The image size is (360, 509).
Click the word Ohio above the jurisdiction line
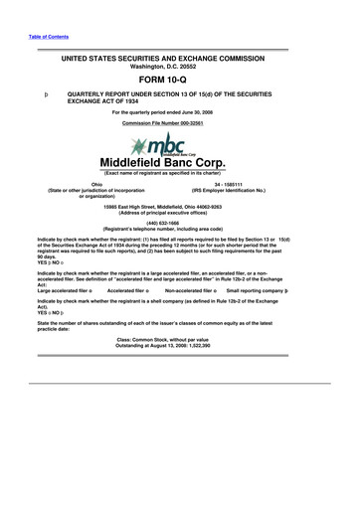[97, 184]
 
